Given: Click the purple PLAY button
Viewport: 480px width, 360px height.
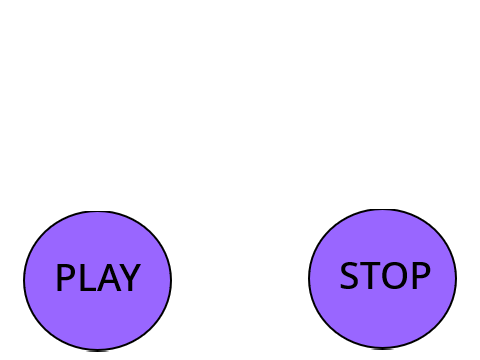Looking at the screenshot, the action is pos(98,281).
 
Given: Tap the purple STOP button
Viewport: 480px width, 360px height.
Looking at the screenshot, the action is pos(383,279).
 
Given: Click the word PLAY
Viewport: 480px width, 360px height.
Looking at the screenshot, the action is pos(98,278).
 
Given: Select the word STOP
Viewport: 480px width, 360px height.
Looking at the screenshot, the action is pos(385,276).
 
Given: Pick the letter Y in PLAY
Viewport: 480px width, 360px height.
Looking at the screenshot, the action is pos(130,278).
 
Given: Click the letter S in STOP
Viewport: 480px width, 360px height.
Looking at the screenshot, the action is pos(349,276).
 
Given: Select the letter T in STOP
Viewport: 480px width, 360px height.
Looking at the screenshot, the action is pos(370,276).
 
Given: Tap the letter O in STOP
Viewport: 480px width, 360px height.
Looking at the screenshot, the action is pos(395,276).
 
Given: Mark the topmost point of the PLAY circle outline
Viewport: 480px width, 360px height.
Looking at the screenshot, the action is pos(98,211).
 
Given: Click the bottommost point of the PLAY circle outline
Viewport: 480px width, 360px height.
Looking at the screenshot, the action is pos(98,350).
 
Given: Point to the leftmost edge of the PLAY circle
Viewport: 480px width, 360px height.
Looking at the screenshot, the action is pos(24,281).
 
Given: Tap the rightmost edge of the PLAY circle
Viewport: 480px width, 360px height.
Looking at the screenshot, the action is pos(171,281).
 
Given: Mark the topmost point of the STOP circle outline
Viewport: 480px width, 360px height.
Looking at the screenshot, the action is pos(383,209).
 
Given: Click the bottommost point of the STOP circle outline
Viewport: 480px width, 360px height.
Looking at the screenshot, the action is pos(383,349).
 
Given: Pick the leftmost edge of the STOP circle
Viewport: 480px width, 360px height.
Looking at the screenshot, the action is pos(309,279).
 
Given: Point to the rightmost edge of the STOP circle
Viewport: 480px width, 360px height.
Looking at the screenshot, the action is pos(456,279).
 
